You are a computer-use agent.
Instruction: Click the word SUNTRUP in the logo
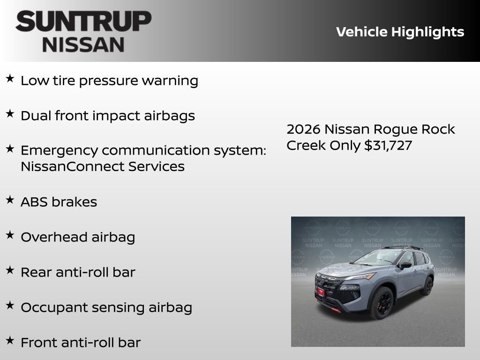click(x=83, y=22)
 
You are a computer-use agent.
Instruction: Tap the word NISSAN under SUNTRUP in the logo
click(x=83, y=44)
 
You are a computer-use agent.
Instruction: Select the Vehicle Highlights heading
click(x=400, y=32)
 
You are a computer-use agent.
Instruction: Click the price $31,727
click(x=388, y=145)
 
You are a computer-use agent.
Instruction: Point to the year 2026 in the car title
click(x=303, y=129)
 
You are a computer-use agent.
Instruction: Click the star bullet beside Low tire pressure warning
click(x=10, y=79)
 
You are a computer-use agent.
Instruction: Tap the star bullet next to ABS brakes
click(x=10, y=200)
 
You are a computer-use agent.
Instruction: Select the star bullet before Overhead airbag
click(x=10, y=235)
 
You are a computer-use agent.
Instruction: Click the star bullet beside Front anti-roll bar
click(x=10, y=341)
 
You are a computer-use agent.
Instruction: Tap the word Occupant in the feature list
click(x=49, y=307)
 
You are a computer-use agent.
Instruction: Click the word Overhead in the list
click(x=50, y=237)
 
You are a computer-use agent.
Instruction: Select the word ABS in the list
click(x=34, y=202)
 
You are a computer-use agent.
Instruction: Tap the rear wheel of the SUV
click(x=427, y=285)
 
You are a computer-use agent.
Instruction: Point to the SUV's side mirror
click(x=405, y=265)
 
